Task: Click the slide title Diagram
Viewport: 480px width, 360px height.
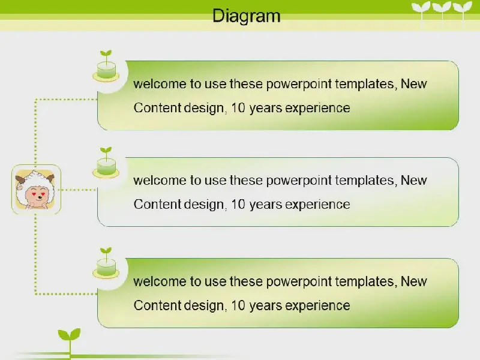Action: click(247, 16)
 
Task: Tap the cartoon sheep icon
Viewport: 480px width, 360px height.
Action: click(36, 189)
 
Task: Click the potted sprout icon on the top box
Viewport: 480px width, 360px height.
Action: click(106, 66)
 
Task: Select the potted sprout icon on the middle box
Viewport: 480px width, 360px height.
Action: click(106, 163)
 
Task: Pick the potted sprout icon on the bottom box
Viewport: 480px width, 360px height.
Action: click(106, 263)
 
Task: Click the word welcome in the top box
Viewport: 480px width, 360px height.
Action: click(160, 83)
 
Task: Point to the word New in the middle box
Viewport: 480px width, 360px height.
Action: click(413, 181)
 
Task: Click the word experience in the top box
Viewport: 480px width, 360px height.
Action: click(317, 109)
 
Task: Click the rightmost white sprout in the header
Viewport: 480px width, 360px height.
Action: click(463, 12)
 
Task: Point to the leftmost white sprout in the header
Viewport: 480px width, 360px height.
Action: click(421, 12)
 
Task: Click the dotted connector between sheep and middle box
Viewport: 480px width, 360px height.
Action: click(78, 190)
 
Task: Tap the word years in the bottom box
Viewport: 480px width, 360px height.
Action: click(265, 306)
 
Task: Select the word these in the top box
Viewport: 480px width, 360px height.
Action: click(246, 83)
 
